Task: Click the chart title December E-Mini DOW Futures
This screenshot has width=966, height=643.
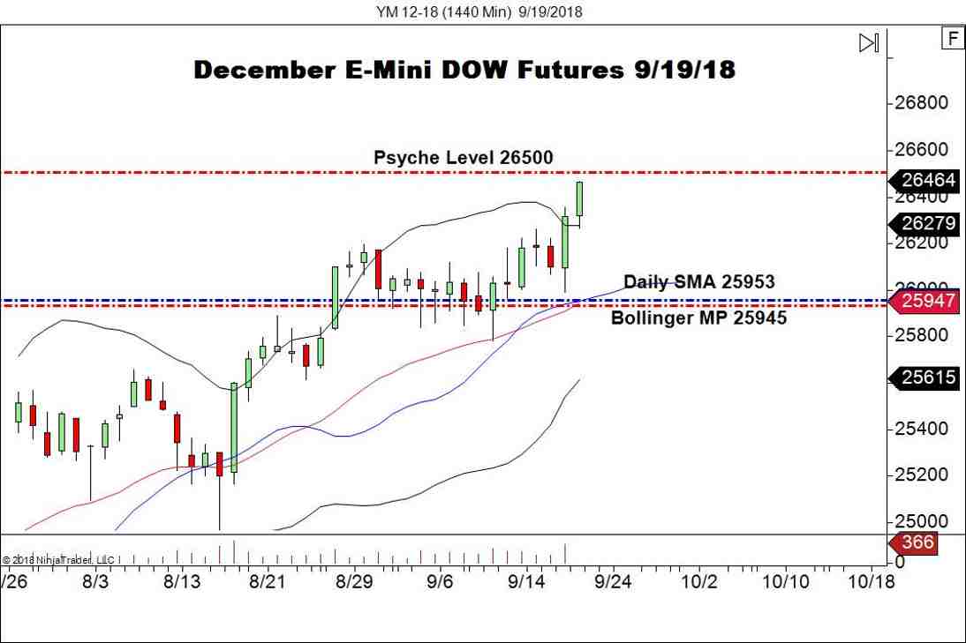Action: [x=464, y=71]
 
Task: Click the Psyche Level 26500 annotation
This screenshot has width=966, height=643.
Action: [x=463, y=158]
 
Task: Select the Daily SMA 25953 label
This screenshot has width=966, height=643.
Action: [x=698, y=282]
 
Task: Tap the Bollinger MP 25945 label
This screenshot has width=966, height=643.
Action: [x=698, y=318]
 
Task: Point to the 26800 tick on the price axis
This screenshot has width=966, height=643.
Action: [x=921, y=103]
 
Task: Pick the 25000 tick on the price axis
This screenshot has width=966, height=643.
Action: [x=921, y=522]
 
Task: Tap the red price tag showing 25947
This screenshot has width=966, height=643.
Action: [x=927, y=302]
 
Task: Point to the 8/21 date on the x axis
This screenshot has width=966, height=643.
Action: [x=267, y=583]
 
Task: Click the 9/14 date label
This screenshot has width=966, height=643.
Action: [x=526, y=583]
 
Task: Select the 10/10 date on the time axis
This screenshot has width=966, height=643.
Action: [x=786, y=583]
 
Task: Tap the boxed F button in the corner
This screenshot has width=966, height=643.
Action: [x=952, y=39]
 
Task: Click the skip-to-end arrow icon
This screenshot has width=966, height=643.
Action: [x=869, y=42]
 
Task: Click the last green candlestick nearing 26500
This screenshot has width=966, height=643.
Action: [x=580, y=198]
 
